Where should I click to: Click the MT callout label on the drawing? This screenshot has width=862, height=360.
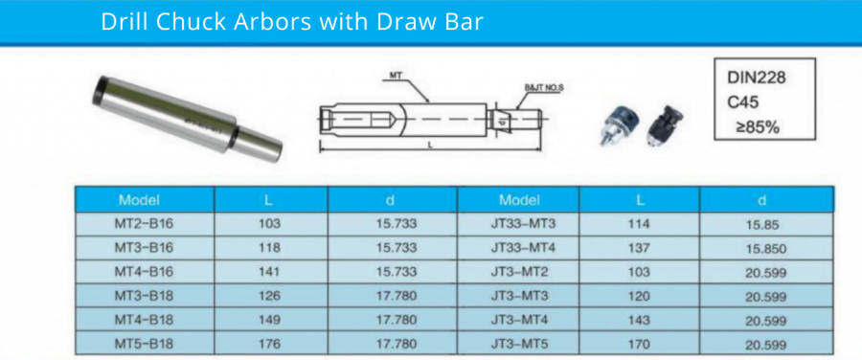[x=397, y=74]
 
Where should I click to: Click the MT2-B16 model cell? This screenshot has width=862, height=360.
[x=144, y=224]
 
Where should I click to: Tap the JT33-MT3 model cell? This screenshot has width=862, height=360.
[x=523, y=224]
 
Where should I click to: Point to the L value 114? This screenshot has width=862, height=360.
[x=639, y=224]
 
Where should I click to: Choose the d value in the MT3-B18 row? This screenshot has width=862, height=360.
[x=396, y=296]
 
